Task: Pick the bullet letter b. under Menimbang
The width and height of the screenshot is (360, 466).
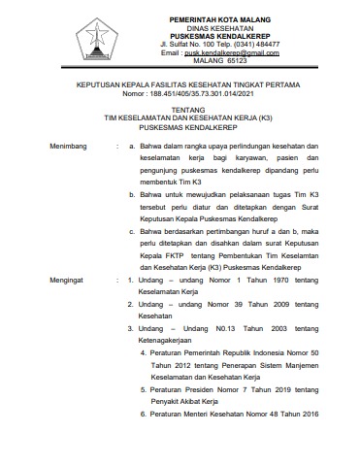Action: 131,196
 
